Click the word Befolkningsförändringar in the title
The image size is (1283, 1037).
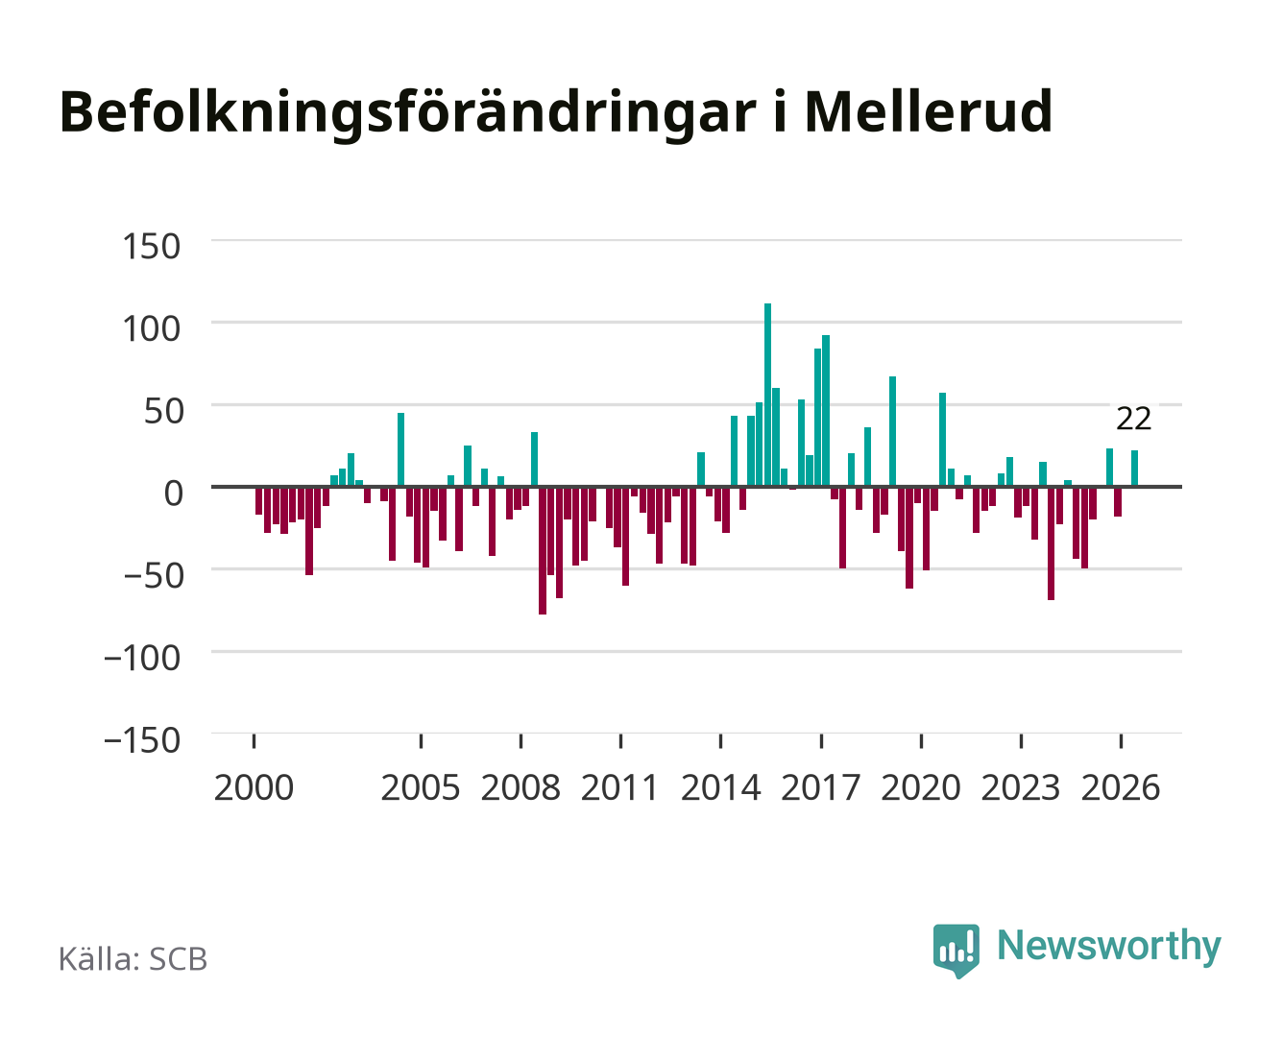[408, 113]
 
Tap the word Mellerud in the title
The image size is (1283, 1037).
[929, 111]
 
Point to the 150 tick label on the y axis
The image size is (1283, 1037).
[151, 247]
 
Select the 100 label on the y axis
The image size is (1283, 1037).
[151, 328]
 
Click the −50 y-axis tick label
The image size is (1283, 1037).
[153, 576]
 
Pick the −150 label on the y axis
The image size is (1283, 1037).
[142, 740]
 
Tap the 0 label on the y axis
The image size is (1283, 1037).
[174, 494]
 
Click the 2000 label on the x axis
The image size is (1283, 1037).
[254, 787]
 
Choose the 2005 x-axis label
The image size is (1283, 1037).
[421, 787]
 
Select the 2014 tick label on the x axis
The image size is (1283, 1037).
[720, 787]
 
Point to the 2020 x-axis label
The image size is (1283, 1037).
[920, 787]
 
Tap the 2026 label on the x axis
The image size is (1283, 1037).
[1121, 787]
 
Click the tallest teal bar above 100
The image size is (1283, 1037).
[767, 395]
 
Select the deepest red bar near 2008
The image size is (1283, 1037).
[543, 550]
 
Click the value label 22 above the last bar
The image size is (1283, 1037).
[1133, 419]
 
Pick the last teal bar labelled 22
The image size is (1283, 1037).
[1134, 468]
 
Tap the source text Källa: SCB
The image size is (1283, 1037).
[133, 958]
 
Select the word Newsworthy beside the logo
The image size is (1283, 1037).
[1109, 947]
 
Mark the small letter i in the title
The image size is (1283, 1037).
[780, 112]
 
